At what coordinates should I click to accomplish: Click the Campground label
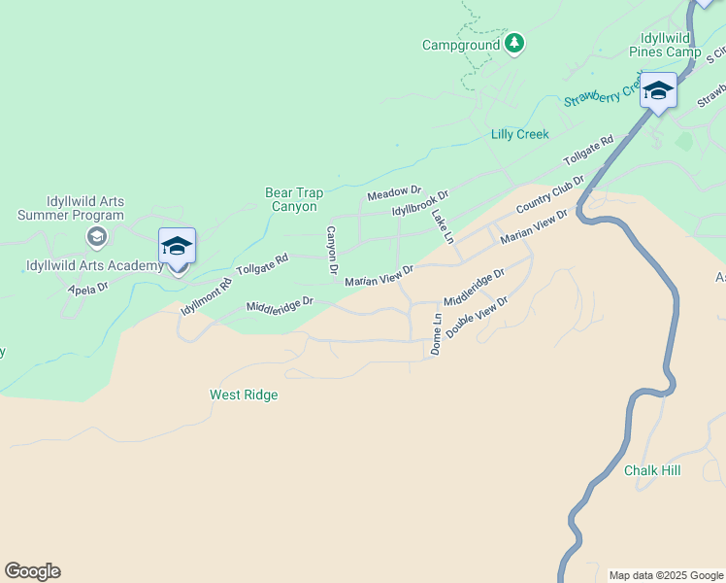coord(461,45)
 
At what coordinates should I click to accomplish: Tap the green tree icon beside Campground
coord(514,44)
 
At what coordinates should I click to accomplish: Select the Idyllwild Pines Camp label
coord(664,44)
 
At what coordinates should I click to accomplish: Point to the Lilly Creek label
coord(519,134)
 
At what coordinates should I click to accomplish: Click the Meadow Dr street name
coord(394,194)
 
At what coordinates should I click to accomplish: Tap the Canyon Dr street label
coord(332,249)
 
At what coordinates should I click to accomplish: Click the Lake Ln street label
coord(443,225)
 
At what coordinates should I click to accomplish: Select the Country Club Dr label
coord(550,194)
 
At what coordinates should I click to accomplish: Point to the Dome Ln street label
coord(437,333)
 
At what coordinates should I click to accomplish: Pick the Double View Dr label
coord(478,318)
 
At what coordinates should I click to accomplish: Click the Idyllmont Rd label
coord(207,296)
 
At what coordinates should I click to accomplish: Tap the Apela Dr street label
coord(87,289)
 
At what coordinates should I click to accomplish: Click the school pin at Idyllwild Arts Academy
coord(178,248)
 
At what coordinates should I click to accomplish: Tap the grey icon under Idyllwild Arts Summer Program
coord(96,236)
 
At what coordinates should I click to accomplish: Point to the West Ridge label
coord(244,394)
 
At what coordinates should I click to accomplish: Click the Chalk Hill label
coord(652,470)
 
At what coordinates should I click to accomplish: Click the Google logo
coord(32,571)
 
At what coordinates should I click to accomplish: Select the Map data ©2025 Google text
coord(666,575)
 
